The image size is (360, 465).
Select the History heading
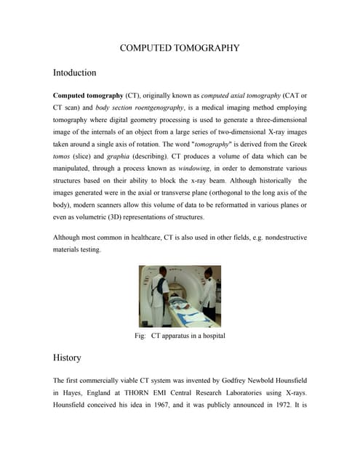pyautogui.click(x=67, y=357)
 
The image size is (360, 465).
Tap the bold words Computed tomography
pyautogui.click(x=87, y=96)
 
